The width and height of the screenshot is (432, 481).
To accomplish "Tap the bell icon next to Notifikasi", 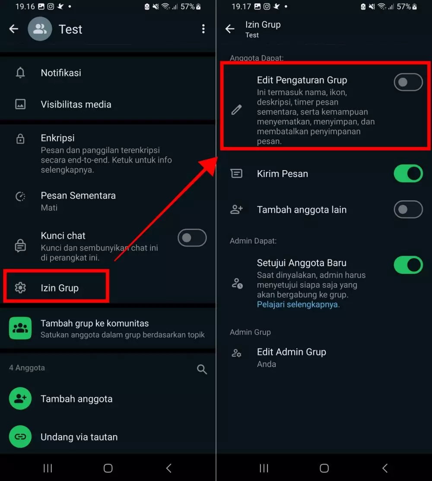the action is coord(20,73).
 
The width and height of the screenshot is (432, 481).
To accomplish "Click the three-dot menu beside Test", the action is coord(203,29).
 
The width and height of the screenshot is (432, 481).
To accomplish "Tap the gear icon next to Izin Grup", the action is coord(20,288).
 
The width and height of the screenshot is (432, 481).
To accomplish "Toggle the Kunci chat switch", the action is coord(192,238).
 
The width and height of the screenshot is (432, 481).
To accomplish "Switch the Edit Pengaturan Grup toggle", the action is coord(408,82).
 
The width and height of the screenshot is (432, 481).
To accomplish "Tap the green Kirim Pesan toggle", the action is coord(408,173).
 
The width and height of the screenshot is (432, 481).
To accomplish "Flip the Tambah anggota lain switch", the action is coord(408,209).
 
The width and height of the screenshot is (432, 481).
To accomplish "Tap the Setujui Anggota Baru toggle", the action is coord(408,265).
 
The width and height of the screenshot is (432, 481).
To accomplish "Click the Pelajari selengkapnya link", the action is coord(298,304).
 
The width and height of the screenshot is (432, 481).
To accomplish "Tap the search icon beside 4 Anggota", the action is coord(202,369).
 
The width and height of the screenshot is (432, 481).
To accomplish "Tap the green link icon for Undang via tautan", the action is coord(20,437).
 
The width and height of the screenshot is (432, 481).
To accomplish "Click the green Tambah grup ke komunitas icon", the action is coord(20,328).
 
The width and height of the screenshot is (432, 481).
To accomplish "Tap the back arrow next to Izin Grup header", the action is coord(230,29).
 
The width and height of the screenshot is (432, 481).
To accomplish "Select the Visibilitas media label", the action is coord(76,104).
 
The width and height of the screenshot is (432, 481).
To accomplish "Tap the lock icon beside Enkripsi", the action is coord(20,139).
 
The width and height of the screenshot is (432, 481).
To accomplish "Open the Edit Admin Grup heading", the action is coord(292,352).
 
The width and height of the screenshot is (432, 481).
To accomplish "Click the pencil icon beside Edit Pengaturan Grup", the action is coord(236,110).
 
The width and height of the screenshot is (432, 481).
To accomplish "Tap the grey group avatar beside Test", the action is coord(40,29).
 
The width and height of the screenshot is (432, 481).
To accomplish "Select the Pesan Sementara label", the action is coord(78,196).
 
